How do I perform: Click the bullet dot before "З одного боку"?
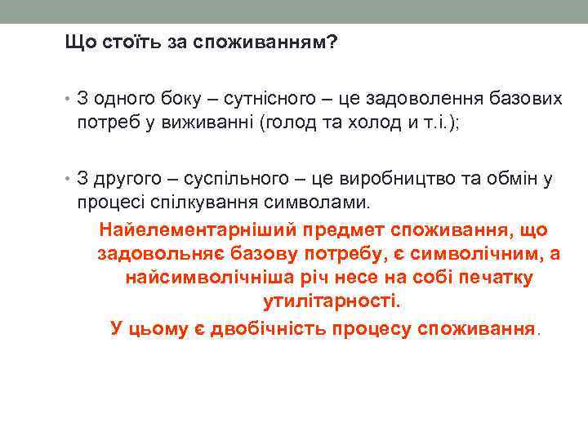tap(68, 99)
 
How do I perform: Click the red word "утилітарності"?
tap(332, 301)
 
